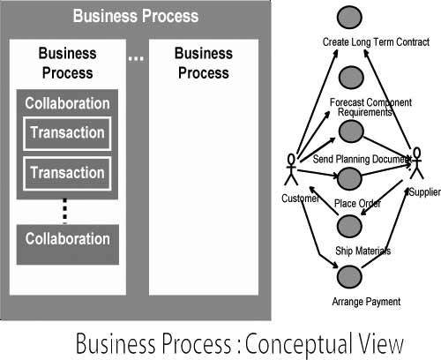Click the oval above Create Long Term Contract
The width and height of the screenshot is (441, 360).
pyautogui.click(x=350, y=19)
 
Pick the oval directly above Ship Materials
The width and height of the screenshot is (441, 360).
pyautogui.click(x=350, y=229)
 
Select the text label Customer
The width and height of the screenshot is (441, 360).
pyautogui.click(x=299, y=199)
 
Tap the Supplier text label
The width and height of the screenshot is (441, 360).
pyautogui.click(x=423, y=191)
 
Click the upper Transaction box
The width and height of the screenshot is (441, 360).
pyautogui.click(x=67, y=133)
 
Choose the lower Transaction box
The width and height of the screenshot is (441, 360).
pyautogui.click(x=67, y=172)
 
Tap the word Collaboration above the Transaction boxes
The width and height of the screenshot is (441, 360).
pyautogui.click(x=67, y=102)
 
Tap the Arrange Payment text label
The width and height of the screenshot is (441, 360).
pyautogui.click(x=366, y=302)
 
